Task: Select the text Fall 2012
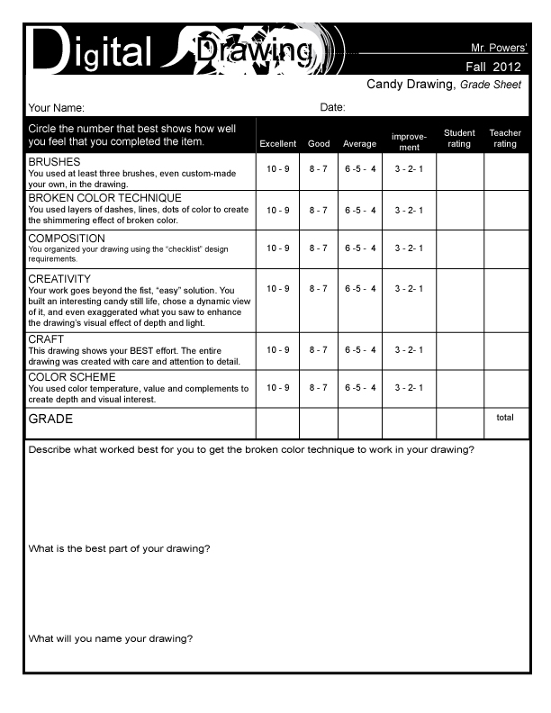pyautogui.click(x=492, y=67)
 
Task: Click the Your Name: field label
pyautogui.click(x=57, y=108)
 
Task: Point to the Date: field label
pyautogui.click(x=333, y=108)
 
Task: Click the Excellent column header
pyautogui.click(x=277, y=144)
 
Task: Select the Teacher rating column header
pyautogui.click(x=505, y=139)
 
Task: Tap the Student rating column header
pyautogui.click(x=459, y=139)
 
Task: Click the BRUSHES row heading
pyautogui.click(x=55, y=161)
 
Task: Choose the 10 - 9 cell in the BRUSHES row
pyautogui.click(x=277, y=168)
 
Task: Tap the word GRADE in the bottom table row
pyautogui.click(x=50, y=420)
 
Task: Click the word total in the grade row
pyautogui.click(x=505, y=418)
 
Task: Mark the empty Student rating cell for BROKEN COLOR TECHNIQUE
pyautogui.click(x=460, y=211)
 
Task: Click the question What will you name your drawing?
pyautogui.click(x=111, y=639)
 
